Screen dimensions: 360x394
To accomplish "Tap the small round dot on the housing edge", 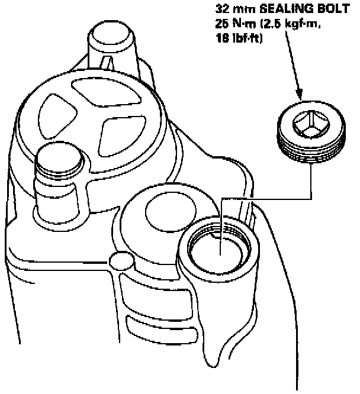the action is tap(120, 260).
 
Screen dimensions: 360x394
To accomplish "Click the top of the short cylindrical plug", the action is tap(57, 159).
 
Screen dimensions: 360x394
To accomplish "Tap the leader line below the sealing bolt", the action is tap(311, 183).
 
